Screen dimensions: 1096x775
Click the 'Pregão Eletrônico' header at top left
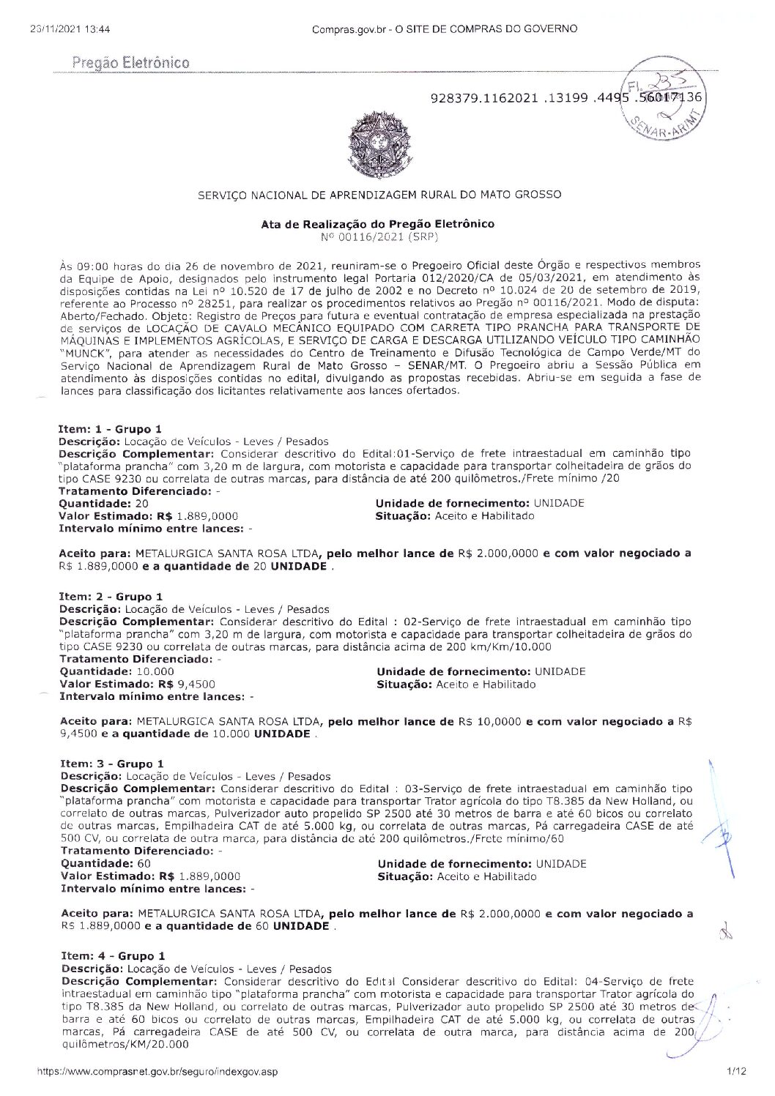pyautogui.click(x=131, y=62)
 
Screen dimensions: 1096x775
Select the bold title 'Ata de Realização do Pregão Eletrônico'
pyautogui.click(x=377, y=223)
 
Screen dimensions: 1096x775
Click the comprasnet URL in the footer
pyautogui.click(x=158, y=1071)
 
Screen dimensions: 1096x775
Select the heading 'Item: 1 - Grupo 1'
pyautogui.click(x=110, y=428)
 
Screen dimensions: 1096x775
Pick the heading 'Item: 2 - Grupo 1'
pyautogui.click(x=111, y=597)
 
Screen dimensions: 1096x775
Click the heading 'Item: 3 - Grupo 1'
pyautogui.click(x=111, y=764)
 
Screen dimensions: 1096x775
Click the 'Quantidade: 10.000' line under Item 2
pyautogui.click(x=116, y=671)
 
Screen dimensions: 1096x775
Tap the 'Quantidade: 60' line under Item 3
pyautogui.click(x=105, y=863)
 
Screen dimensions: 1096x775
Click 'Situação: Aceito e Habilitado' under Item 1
pyautogui.click(x=454, y=515)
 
